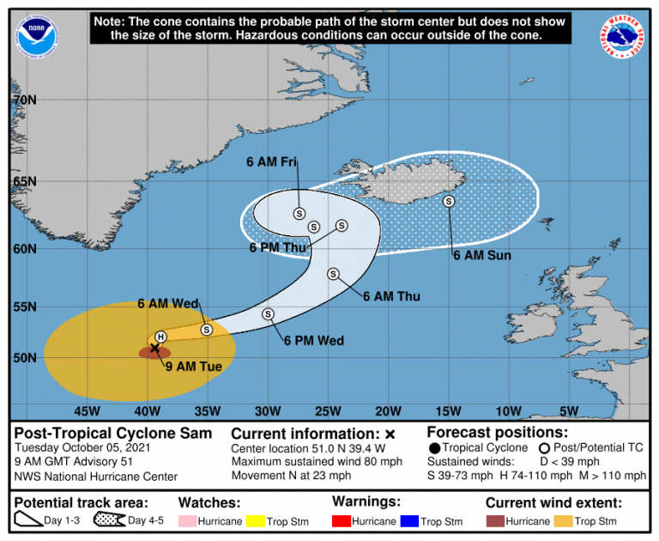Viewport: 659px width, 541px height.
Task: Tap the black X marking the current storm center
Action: click(x=155, y=348)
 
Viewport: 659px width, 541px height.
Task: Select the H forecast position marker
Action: click(x=160, y=337)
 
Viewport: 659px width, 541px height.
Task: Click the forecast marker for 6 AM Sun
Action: click(x=448, y=201)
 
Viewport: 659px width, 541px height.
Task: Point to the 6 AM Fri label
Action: click(x=271, y=161)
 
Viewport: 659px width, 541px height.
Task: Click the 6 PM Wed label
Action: click(x=314, y=341)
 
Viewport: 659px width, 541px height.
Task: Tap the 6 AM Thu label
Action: click(x=391, y=296)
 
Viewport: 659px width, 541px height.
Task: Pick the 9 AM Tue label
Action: click(x=194, y=367)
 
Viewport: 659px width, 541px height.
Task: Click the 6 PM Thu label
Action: click(x=278, y=247)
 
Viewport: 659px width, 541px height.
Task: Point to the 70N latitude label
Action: click(x=24, y=100)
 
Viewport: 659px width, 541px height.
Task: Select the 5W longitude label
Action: click(x=569, y=410)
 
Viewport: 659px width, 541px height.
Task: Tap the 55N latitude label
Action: click(x=24, y=307)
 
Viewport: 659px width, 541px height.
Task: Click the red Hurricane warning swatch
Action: click(x=343, y=521)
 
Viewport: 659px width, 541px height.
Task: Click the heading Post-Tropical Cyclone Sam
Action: click(x=113, y=433)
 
